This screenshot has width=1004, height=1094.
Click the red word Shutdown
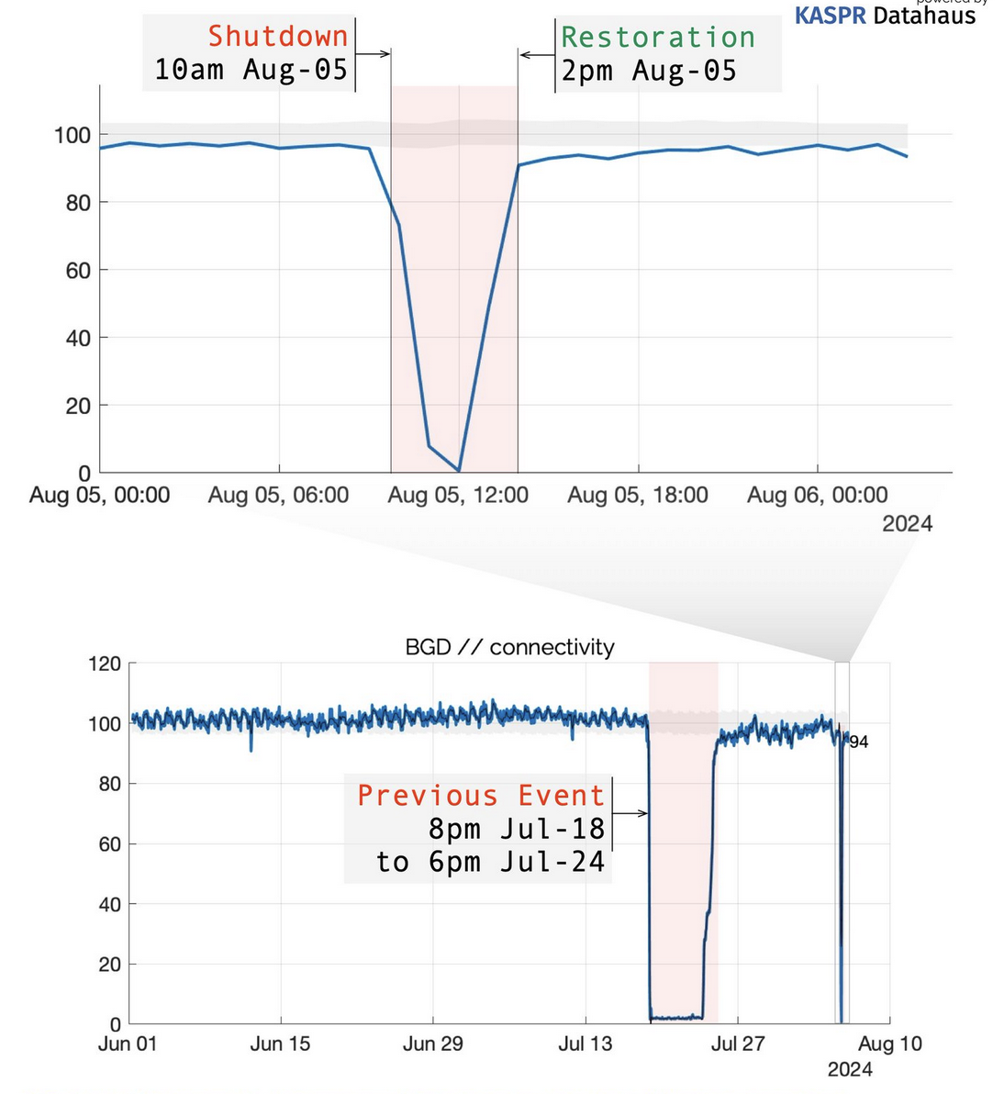(278, 36)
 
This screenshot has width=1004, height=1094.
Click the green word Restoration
(658, 37)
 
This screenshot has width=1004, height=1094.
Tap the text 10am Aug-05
(251, 70)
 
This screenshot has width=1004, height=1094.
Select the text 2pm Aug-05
(649, 71)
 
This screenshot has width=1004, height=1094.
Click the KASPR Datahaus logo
(884, 14)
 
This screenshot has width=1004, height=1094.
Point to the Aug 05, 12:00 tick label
(458, 496)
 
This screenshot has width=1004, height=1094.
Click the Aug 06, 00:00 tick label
(817, 496)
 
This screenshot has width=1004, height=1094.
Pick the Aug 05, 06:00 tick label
(278, 496)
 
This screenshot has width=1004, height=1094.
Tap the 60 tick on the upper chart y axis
(78, 270)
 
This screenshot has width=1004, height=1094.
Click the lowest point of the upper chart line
(459, 471)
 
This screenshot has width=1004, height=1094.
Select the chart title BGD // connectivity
(509, 647)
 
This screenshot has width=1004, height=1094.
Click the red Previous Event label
(481, 795)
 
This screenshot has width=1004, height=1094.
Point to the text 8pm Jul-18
(517, 829)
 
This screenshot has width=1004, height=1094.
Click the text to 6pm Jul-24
(490, 862)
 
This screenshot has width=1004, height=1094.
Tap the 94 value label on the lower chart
(859, 742)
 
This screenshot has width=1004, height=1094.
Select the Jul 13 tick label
(585, 1044)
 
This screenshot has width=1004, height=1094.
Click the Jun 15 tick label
(280, 1044)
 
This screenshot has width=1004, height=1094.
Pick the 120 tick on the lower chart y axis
(104, 664)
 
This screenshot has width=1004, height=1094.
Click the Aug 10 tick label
(890, 1044)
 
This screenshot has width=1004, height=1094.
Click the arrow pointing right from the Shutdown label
(373, 54)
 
